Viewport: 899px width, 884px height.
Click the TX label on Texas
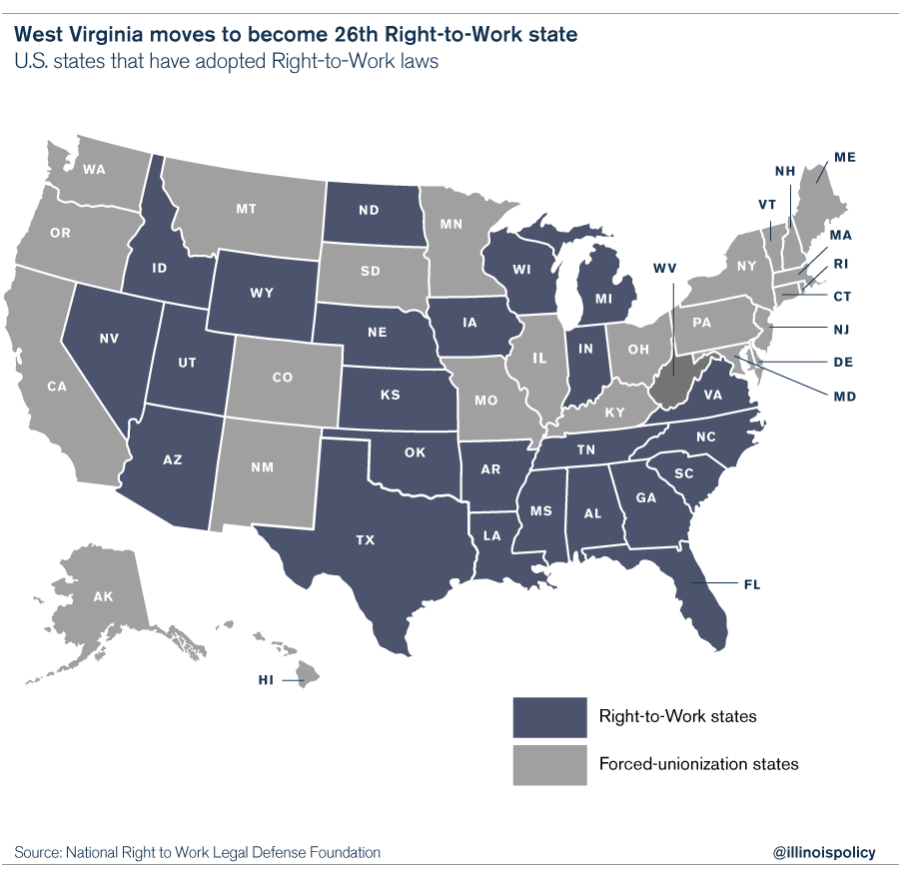click(x=365, y=540)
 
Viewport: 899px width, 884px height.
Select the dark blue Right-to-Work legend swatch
click(x=549, y=716)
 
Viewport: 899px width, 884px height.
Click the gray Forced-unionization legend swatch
click(x=549, y=764)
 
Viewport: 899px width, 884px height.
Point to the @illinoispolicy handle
click(x=824, y=852)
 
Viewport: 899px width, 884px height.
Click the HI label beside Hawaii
click(x=266, y=681)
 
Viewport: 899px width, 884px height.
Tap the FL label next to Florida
click(x=751, y=583)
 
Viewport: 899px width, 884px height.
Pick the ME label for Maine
click(x=845, y=158)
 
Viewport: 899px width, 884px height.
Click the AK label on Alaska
click(x=103, y=596)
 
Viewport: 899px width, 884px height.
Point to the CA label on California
click(x=56, y=385)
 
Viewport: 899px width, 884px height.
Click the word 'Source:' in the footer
click(x=38, y=852)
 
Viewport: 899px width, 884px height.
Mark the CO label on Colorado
click(x=282, y=378)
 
